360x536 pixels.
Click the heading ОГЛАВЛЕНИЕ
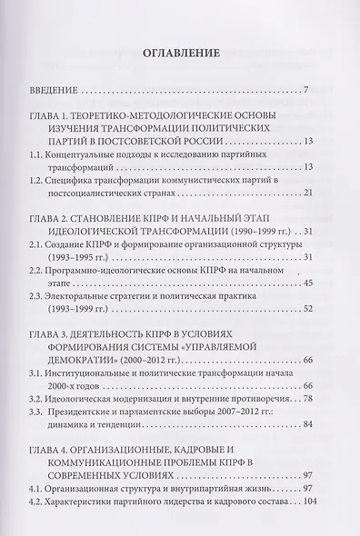click(180, 54)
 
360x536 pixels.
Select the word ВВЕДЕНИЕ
click(53, 89)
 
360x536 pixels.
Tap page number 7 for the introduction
click(309, 89)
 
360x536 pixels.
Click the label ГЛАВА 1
click(55, 115)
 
